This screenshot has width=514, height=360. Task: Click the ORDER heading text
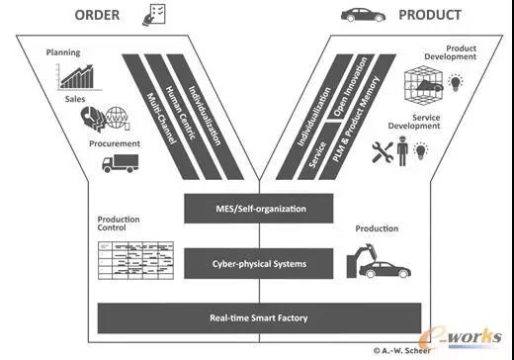97,15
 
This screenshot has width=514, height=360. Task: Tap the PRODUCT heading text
430,15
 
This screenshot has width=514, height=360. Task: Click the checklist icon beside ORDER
154,15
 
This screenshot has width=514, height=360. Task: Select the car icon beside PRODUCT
363,15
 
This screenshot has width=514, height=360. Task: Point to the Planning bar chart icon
78,77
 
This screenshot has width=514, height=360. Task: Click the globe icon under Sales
117,118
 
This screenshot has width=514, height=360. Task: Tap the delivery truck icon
120,163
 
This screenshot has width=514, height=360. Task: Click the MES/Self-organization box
259,209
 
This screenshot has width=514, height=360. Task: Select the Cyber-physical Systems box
259,264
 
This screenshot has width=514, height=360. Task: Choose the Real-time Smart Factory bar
259,318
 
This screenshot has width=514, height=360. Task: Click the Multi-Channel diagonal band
160,118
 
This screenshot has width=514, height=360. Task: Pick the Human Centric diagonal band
182,118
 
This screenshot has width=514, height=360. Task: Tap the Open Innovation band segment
351,86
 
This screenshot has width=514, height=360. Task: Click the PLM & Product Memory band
357,118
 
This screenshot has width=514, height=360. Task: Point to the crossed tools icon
383,152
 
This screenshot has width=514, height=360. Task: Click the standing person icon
402,151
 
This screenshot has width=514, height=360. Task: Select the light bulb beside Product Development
456,82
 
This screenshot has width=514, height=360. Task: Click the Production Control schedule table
135,260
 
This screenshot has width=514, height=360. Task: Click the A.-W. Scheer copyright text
402,351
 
